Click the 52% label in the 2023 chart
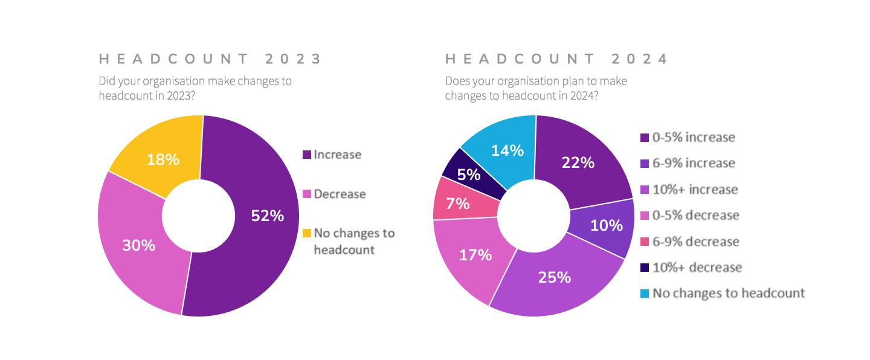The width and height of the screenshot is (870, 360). click(268, 216)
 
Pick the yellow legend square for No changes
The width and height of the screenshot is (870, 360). click(307, 233)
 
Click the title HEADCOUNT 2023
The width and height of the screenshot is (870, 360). click(210, 59)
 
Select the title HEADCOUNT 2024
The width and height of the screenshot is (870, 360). click(556, 59)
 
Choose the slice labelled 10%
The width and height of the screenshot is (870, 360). click(607, 225)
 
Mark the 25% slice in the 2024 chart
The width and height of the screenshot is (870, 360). click(555, 277)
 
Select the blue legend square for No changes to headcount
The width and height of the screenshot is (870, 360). click(645, 294)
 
